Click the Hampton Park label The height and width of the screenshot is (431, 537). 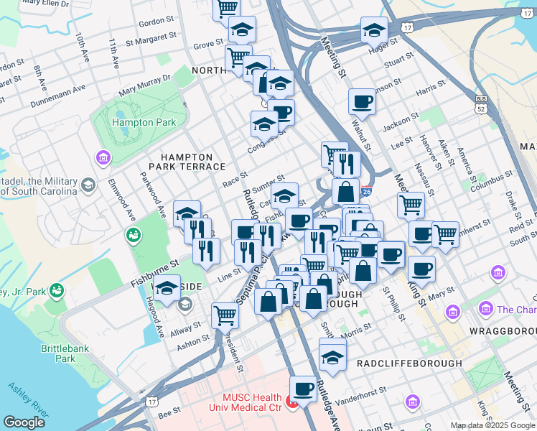(x=144, y=123)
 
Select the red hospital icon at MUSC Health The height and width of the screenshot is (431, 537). (x=293, y=402)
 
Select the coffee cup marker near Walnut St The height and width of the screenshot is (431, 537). (x=362, y=101)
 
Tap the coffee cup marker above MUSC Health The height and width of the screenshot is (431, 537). (x=303, y=389)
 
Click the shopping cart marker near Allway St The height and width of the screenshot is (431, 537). (x=225, y=315)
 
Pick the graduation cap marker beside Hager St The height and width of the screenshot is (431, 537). (x=374, y=30)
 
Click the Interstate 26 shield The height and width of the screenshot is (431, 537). (x=366, y=192)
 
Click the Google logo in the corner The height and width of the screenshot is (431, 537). (x=24, y=422)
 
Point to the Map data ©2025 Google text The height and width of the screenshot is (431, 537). (x=492, y=425)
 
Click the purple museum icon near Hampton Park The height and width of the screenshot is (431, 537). (x=102, y=157)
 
